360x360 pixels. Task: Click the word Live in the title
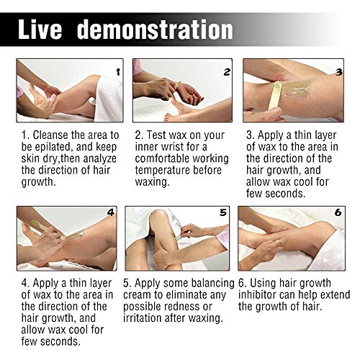click(40, 29)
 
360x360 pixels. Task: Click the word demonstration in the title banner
click(155, 29)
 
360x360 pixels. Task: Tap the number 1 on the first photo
click(118, 72)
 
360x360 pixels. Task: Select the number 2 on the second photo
click(227, 72)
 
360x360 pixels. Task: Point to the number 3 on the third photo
click(338, 72)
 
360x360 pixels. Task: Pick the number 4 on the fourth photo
click(111, 212)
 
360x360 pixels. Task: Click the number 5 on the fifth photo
click(223, 212)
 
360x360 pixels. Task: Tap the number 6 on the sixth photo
click(338, 212)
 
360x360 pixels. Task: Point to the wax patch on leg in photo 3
click(296, 89)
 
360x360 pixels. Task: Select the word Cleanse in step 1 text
click(50, 135)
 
